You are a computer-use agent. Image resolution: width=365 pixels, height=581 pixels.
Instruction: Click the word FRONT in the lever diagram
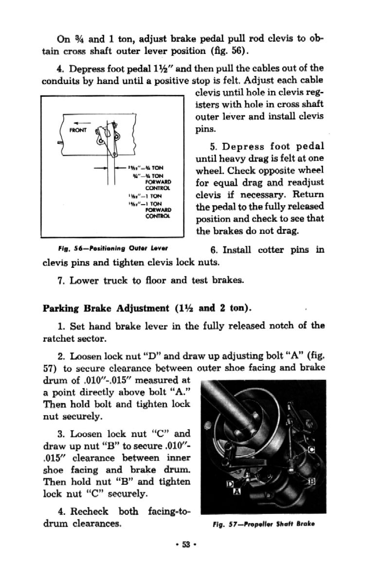(x=78, y=130)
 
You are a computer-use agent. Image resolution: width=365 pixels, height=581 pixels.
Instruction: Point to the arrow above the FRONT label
(x=78, y=123)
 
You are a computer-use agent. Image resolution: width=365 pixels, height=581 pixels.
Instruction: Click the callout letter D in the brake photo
(x=231, y=484)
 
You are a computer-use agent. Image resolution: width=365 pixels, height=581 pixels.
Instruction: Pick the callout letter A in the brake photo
(x=237, y=493)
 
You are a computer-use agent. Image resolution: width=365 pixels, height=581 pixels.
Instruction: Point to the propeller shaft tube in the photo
(x=231, y=399)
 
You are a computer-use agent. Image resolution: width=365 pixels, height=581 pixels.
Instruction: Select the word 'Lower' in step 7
(x=86, y=281)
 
